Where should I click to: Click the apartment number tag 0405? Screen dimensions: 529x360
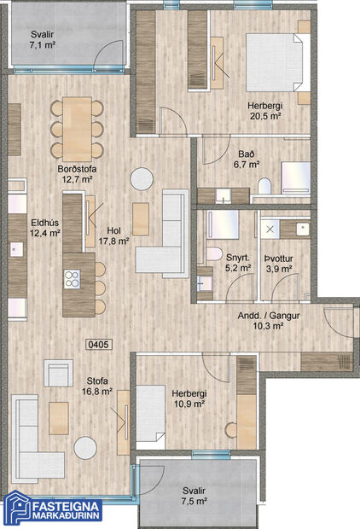[99, 346]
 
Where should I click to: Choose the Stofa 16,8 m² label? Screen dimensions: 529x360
[96, 386]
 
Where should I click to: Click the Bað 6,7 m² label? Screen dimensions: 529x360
[248, 160]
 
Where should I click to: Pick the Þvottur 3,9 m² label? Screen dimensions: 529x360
[279, 262]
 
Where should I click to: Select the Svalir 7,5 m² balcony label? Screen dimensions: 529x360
[194, 497]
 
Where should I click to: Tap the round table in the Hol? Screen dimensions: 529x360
[140, 179]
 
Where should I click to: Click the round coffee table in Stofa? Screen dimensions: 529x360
[85, 448]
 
